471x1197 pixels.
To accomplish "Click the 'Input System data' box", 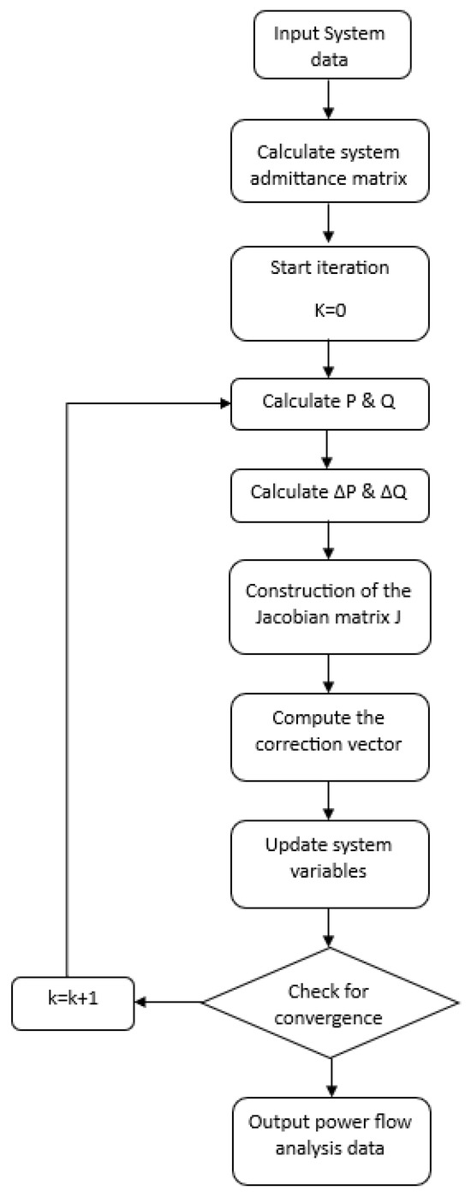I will [329, 44].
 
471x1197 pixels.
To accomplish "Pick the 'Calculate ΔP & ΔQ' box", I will [329, 492].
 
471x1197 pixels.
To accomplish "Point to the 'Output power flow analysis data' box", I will [329, 1132].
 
